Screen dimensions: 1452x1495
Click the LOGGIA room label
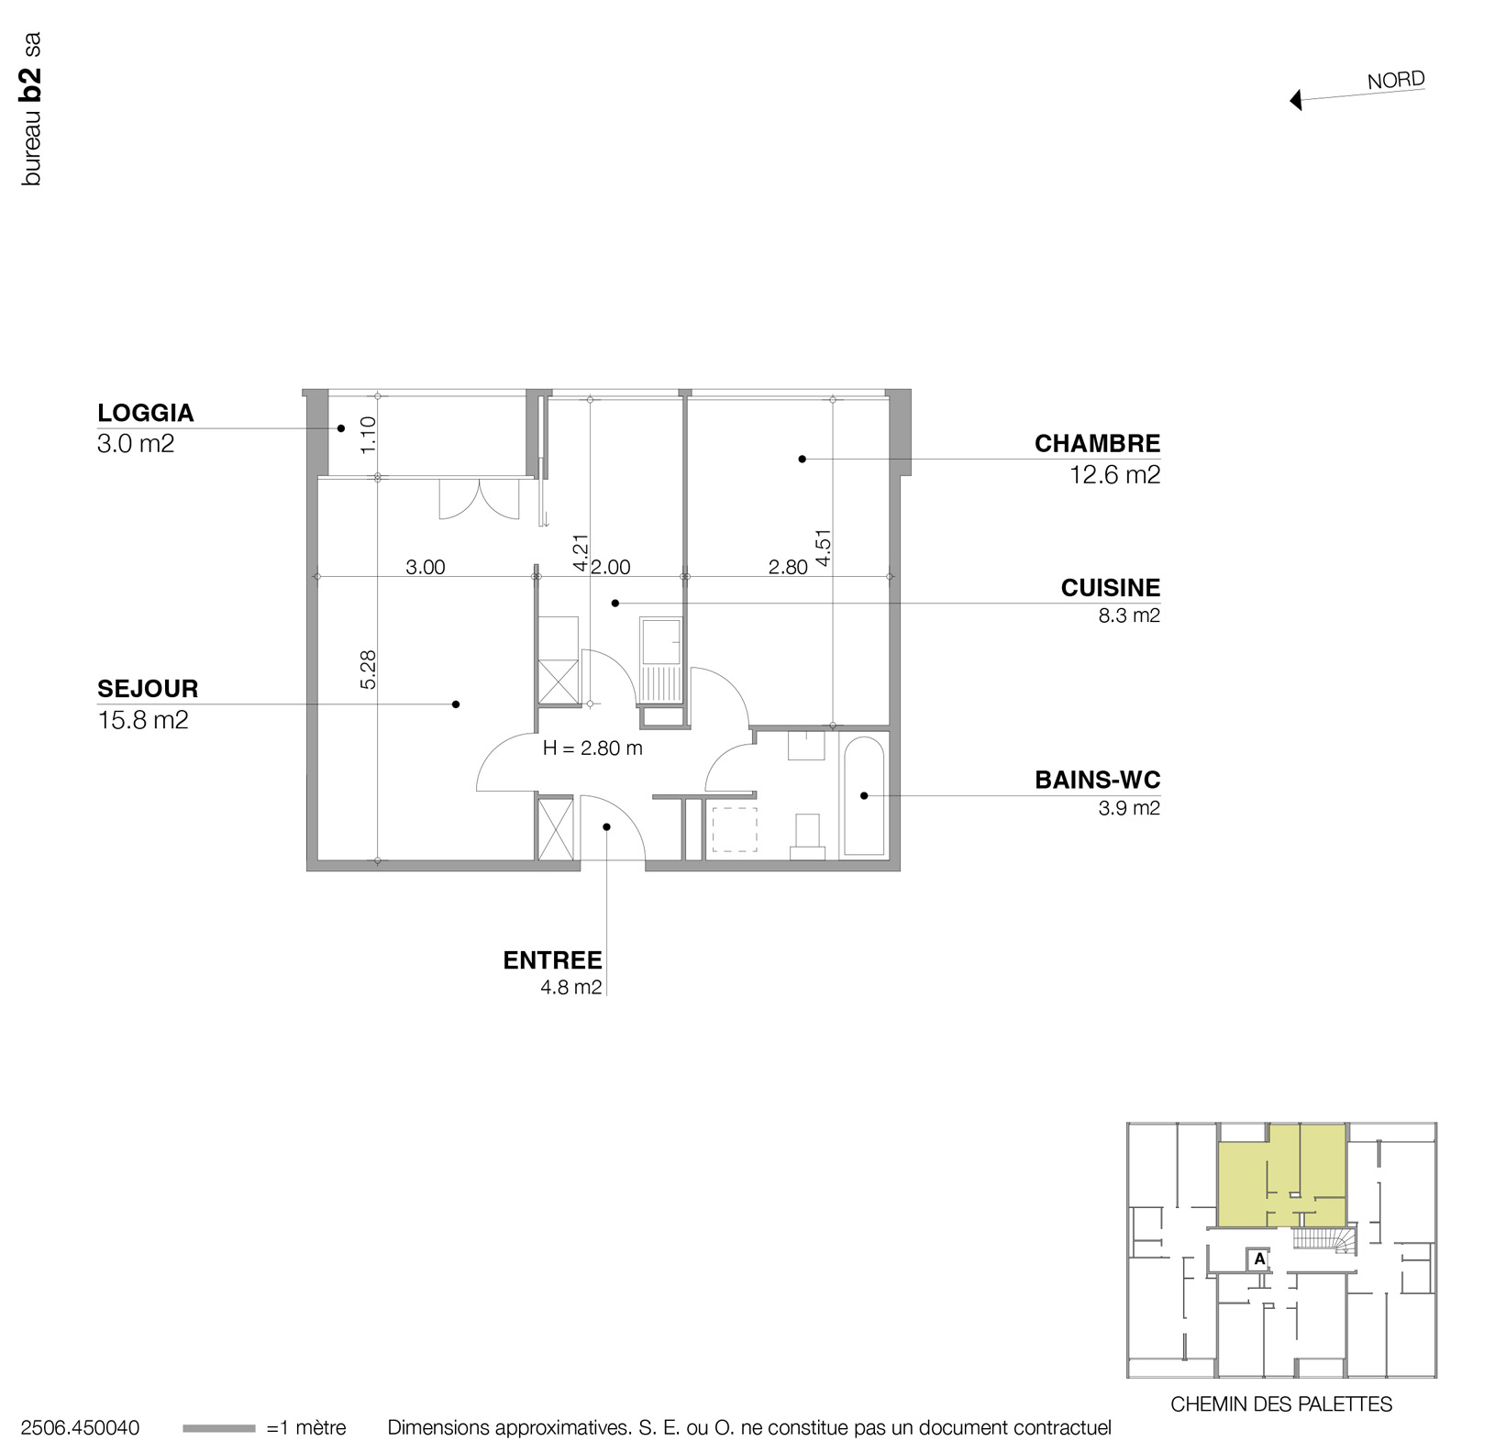click(x=146, y=413)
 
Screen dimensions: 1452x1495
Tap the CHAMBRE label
click(x=1097, y=444)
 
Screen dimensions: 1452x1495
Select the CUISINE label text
click(x=1110, y=588)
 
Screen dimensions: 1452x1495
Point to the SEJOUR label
click(x=148, y=689)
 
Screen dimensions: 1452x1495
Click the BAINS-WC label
click(x=1097, y=781)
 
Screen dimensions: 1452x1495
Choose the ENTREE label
click(x=552, y=960)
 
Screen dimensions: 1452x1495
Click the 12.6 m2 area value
click(x=1114, y=475)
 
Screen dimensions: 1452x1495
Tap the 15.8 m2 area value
click(x=143, y=720)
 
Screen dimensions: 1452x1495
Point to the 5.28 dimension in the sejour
click(x=369, y=670)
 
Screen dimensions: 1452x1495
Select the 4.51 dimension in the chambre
click(x=823, y=548)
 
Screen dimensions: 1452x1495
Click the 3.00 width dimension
click(x=426, y=568)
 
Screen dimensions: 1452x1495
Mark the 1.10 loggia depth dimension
click(x=369, y=435)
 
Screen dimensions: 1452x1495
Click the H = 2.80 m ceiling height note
click(x=592, y=748)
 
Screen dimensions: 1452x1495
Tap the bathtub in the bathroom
click(x=863, y=794)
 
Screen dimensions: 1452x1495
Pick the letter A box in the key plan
click(x=1259, y=1259)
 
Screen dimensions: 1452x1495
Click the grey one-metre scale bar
click(x=219, y=1428)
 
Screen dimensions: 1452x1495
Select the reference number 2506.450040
click(x=80, y=1428)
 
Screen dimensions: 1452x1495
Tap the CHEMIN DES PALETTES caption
click(x=1281, y=1404)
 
